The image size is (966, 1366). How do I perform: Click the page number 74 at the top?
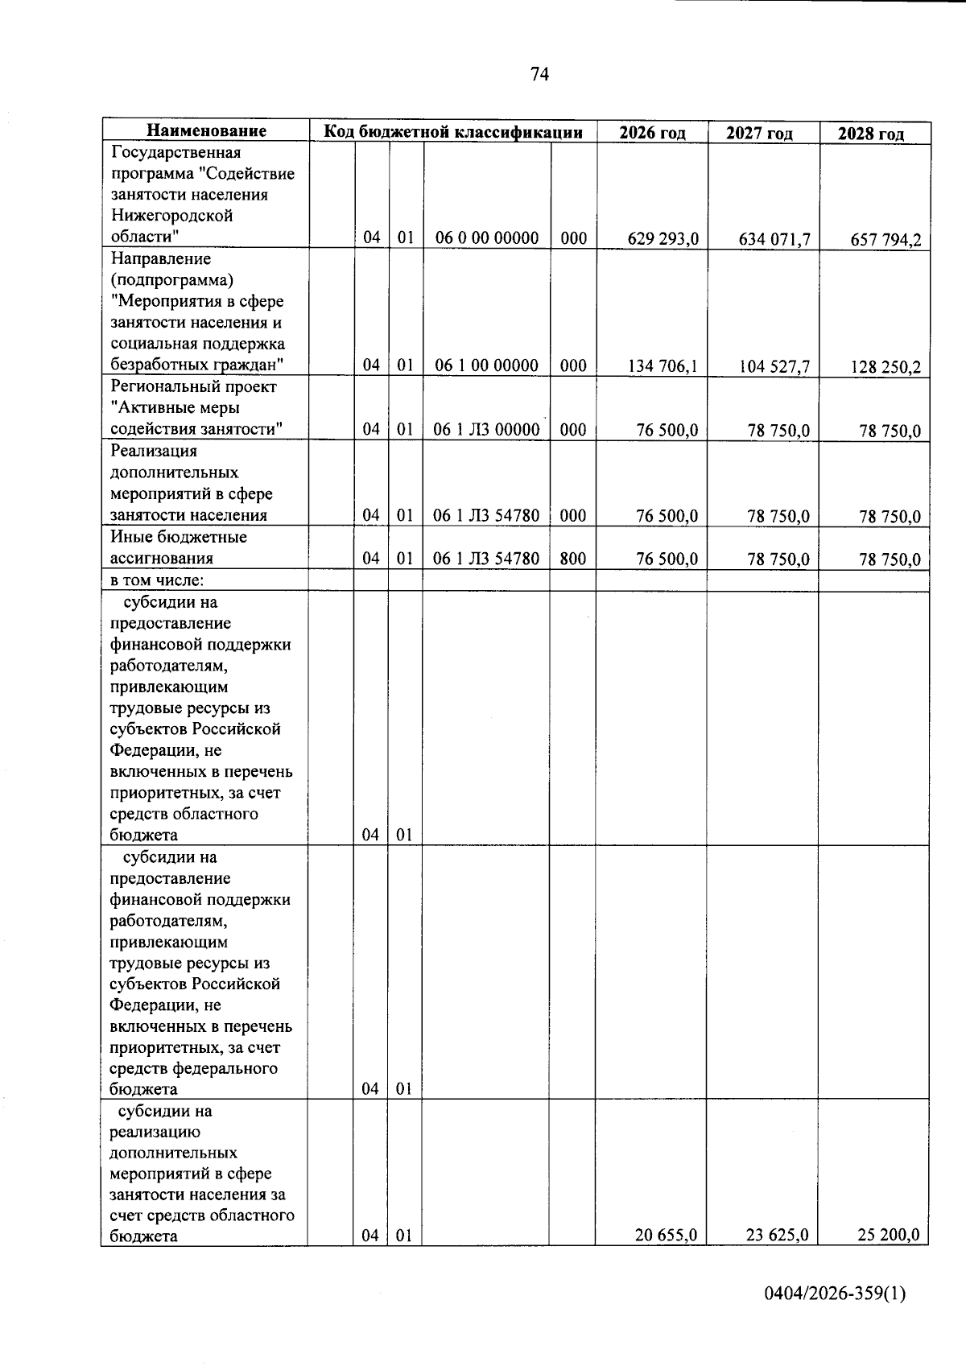pyautogui.click(x=539, y=75)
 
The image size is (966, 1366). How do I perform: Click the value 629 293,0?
pyautogui.click(x=663, y=238)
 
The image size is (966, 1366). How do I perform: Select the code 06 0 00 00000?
pyautogui.click(x=486, y=237)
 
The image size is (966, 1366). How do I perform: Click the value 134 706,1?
pyautogui.click(x=663, y=366)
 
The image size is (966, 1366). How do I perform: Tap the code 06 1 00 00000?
pyautogui.click(x=486, y=365)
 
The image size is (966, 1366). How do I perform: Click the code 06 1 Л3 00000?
pyautogui.click(x=486, y=430)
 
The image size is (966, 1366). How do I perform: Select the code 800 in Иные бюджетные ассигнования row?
pyautogui.click(x=572, y=558)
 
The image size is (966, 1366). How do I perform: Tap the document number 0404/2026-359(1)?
pyautogui.click(x=835, y=1294)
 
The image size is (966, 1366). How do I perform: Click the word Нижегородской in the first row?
pyautogui.click(x=171, y=216)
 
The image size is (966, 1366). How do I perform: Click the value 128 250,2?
pyautogui.click(x=885, y=368)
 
